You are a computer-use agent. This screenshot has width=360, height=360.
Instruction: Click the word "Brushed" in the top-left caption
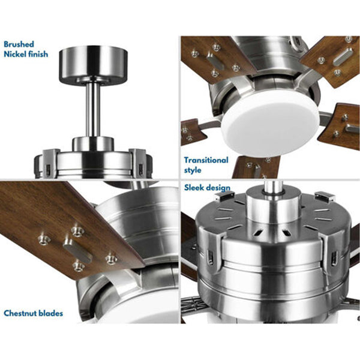(19, 44)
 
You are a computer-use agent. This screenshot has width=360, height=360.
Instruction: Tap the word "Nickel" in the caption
(14, 55)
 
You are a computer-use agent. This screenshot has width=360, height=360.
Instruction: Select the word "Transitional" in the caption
(206, 160)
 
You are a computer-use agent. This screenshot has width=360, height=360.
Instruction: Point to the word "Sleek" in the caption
(194, 188)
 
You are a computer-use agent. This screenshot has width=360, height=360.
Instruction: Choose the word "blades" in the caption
(51, 313)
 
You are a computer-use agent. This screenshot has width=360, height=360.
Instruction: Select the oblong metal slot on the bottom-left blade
(77, 251)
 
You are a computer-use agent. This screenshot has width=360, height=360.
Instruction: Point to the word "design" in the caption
(218, 188)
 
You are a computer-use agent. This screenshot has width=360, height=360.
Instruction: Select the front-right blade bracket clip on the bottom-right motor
(333, 253)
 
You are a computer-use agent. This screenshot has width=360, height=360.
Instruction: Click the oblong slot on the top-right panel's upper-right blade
(343, 56)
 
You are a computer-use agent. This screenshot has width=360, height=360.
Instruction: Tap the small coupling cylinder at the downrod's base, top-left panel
(93, 144)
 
